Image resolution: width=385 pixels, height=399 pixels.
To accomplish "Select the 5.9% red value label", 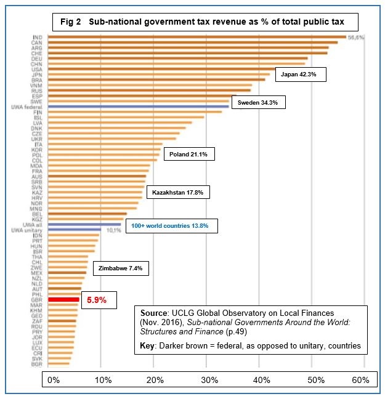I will [x=97, y=300].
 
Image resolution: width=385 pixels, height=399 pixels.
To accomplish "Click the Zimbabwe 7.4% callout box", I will [x=121, y=269].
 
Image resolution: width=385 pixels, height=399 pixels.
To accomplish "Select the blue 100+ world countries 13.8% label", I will [x=171, y=226].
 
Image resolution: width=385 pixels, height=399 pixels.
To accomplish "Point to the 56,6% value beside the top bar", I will [x=355, y=38].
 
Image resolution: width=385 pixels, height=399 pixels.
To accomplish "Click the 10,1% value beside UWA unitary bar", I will [x=114, y=231].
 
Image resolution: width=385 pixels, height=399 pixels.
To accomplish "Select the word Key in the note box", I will [x=148, y=345].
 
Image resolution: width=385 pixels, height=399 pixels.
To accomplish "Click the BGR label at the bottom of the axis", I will [x=38, y=364].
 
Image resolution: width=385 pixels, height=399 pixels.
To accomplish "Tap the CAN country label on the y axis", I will [x=38, y=42].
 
